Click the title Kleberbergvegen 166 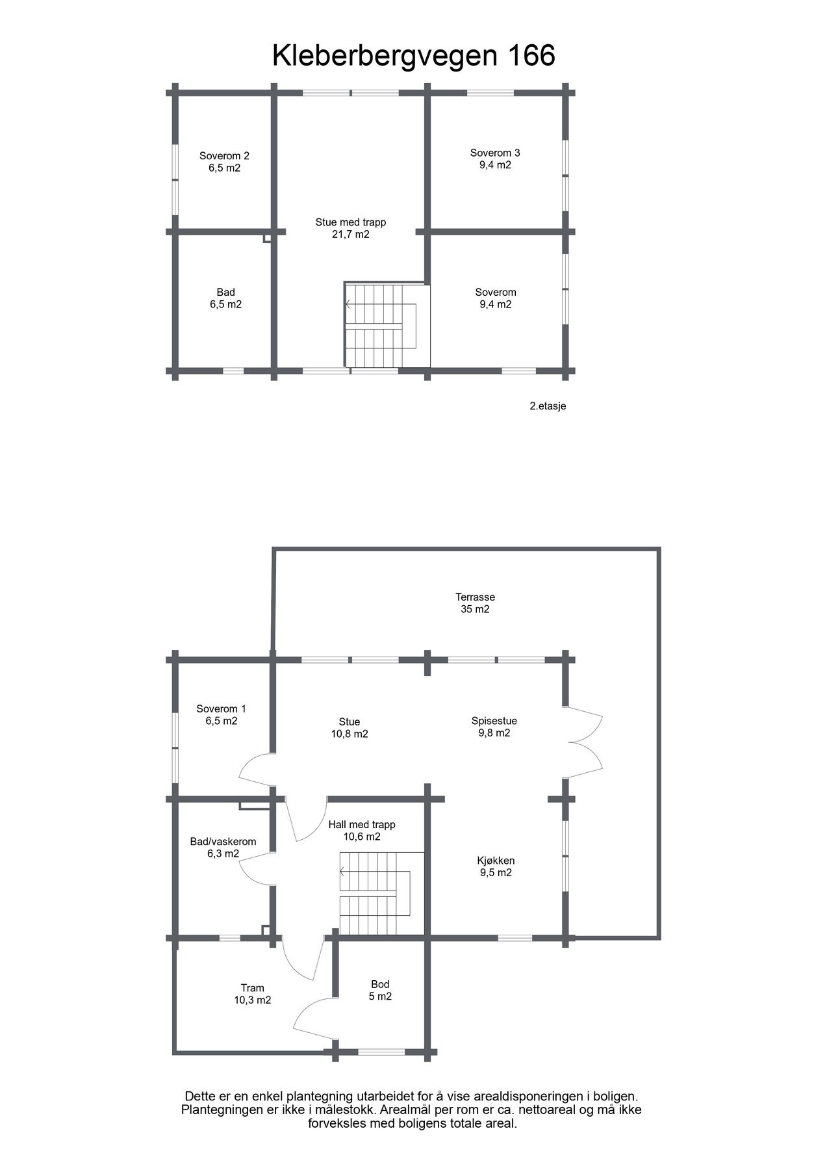click(x=413, y=56)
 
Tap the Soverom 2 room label click(x=224, y=156)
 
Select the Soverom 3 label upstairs click(x=495, y=153)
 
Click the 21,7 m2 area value click(x=350, y=235)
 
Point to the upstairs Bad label click(x=225, y=292)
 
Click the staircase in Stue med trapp click(x=386, y=326)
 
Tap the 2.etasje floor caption click(x=548, y=406)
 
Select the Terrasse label click(x=475, y=597)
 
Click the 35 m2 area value click(x=475, y=610)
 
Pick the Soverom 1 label click(x=221, y=708)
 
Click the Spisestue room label click(x=494, y=720)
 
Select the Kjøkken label click(x=496, y=861)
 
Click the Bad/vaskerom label click(x=223, y=841)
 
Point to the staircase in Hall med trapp click(x=381, y=893)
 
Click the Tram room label click(x=252, y=988)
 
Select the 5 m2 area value click(x=380, y=996)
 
